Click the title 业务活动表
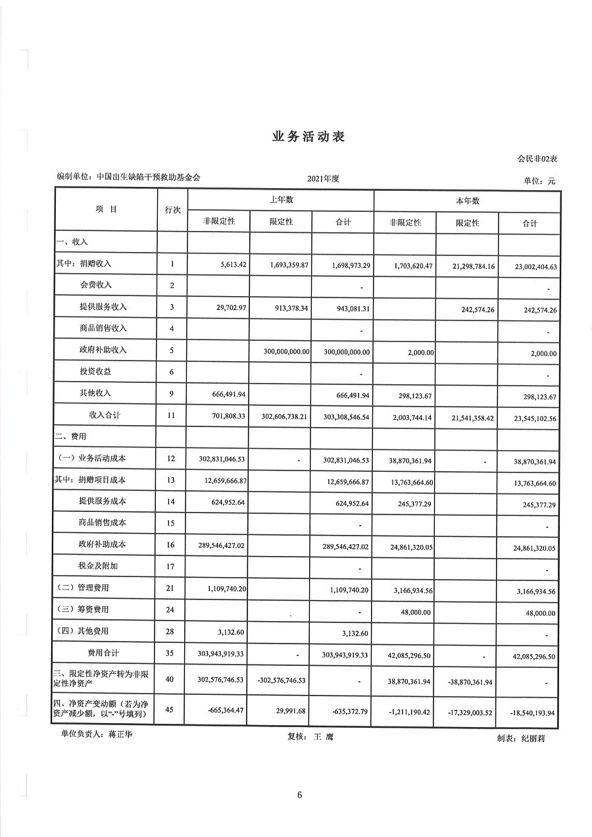[x=308, y=137]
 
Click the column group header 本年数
[x=467, y=201]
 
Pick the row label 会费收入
[x=95, y=285]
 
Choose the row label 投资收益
[x=95, y=372]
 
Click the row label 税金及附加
[x=98, y=566]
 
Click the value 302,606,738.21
[x=280, y=416]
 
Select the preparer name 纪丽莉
[x=532, y=738]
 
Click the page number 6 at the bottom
[x=299, y=795]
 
